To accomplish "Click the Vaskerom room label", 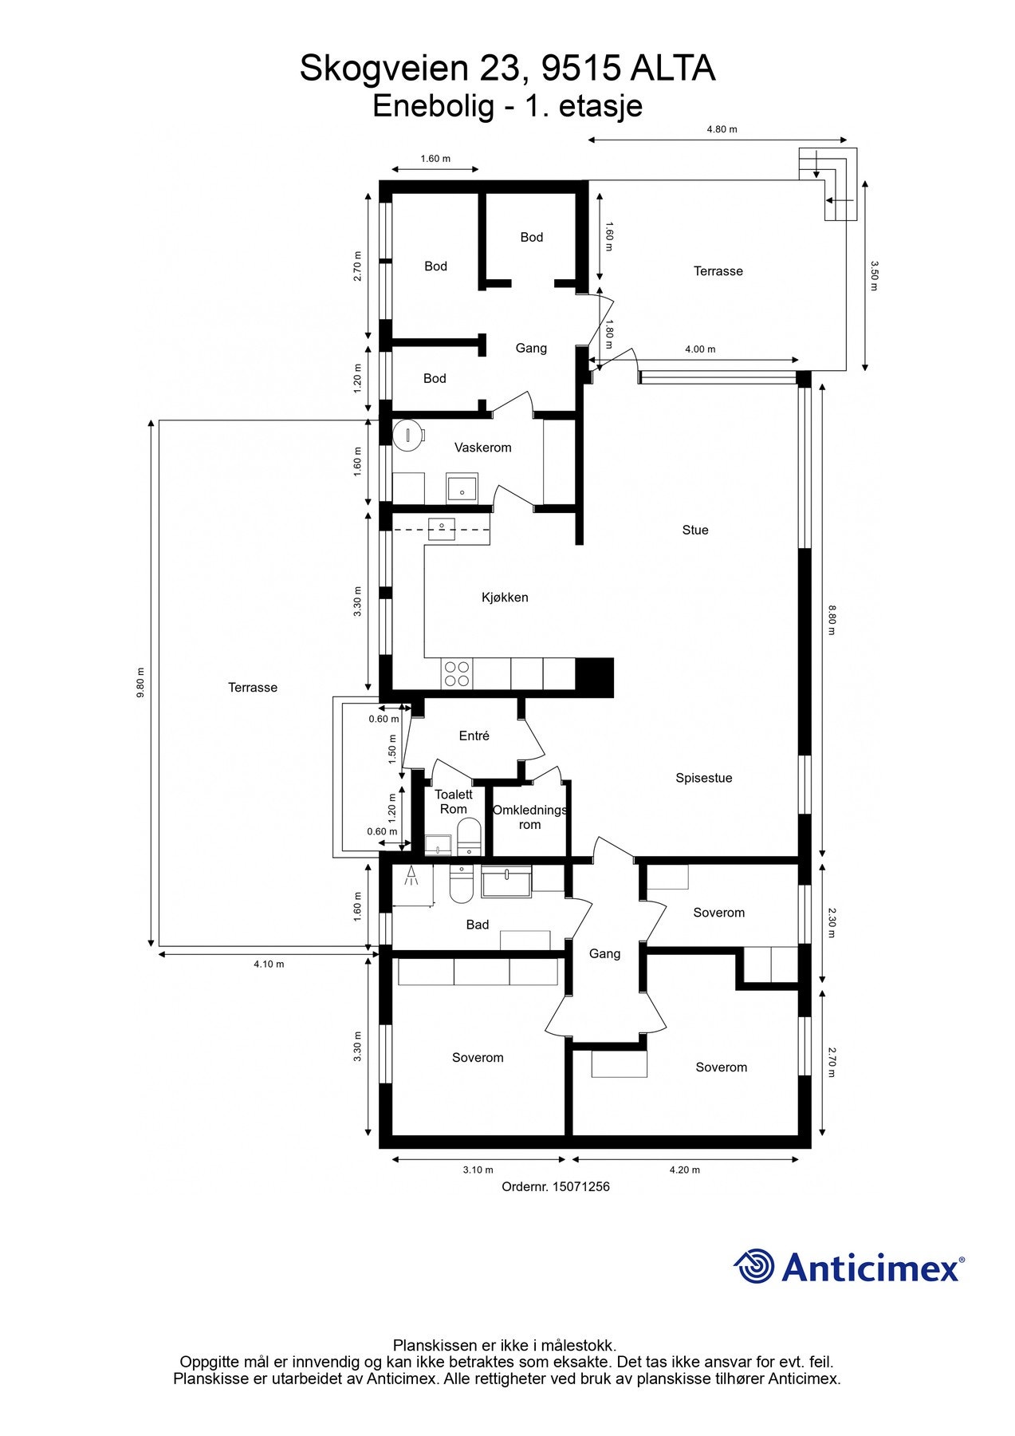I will [482, 448].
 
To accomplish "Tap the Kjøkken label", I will [505, 598].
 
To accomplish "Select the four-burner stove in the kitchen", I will [457, 674].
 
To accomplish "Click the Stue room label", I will [694, 530].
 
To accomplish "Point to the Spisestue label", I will [703, 778].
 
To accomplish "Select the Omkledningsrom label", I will [529, 818].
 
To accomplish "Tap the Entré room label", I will [474, 736].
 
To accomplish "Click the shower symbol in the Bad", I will [411, 876].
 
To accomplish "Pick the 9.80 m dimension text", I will [141, 683].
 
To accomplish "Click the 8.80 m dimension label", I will [832, 620].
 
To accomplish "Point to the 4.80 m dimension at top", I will [722, 129].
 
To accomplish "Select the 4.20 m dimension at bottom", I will [684, 1170].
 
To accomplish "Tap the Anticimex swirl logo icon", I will [754, 1266].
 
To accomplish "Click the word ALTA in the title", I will [673, 69].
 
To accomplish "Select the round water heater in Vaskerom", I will [407, 436].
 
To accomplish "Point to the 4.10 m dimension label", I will [269, 965].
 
